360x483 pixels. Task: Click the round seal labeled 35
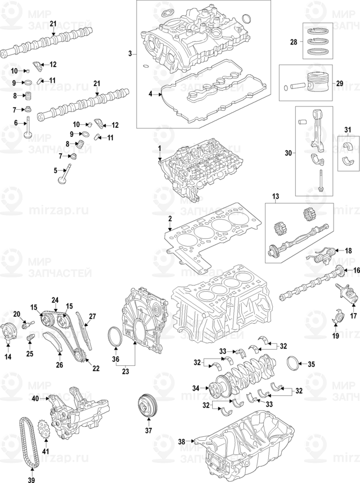[x=295, y=364]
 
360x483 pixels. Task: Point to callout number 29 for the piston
[x=339, y=83]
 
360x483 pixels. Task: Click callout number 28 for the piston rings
[x=293, y=42]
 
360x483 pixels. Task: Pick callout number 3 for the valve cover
[x=130, y=54]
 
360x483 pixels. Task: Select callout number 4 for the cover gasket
[x=150, y=95]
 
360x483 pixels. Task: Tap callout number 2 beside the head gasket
[x=169, y=218]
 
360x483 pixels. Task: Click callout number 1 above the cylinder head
[x=159, y=148]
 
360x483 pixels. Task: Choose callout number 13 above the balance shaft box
[x=276, y=196]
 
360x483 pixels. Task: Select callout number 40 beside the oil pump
[x=35, y=399]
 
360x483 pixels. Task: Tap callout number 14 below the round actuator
[x=8, y=357]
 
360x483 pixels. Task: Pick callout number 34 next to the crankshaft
[x=196, y=388]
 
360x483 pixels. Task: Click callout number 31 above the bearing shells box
[x=346, y=131]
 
